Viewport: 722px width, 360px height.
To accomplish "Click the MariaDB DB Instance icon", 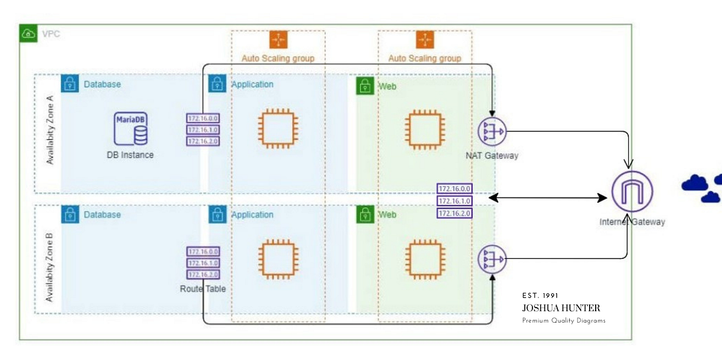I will coord(131,128).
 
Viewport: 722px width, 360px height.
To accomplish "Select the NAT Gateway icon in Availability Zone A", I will coord(492,131).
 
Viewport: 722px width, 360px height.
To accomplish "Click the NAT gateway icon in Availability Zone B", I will coord(492,259).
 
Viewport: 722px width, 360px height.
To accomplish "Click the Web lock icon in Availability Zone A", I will coord(365,86).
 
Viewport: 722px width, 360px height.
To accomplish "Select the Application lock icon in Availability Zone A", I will coord(217,84).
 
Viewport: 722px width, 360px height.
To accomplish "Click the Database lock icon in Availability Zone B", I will coord(70,214).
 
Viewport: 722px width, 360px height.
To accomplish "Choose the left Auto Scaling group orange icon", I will coord(278,39).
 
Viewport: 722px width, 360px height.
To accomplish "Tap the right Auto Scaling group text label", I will coord(425,58).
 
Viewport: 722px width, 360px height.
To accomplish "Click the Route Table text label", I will coord(203,289).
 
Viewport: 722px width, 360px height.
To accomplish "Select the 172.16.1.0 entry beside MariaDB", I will coord(203,130).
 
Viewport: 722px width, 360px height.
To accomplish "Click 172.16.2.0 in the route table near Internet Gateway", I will coord(454,213).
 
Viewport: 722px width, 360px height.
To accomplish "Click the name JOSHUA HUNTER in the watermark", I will coord(561,308).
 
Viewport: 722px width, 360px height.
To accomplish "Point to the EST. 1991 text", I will coord(540,296).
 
